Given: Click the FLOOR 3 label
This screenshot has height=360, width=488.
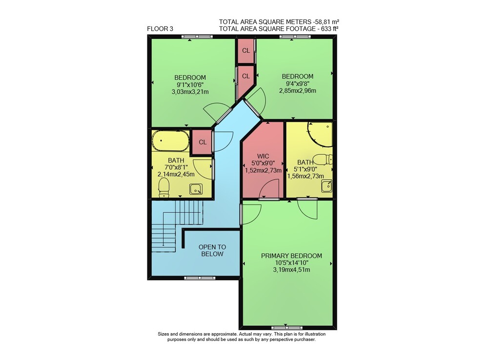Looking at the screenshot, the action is (160, 29).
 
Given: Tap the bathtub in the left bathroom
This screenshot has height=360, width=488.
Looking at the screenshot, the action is (170, 141).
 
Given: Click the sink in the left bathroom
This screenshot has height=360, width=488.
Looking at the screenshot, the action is (196, 189).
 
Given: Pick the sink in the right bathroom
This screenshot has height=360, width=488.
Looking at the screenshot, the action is (327, 186).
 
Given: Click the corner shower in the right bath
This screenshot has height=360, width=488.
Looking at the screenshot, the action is (320, 134).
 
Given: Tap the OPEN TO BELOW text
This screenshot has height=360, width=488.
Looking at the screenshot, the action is (212, 251).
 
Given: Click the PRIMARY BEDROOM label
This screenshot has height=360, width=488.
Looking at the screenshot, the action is (291, 255).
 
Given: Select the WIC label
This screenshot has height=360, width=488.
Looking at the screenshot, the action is (263, 156).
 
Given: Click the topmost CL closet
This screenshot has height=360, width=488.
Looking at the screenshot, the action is (246, 50).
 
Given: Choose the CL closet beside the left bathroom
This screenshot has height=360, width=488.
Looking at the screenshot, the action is (203, 142).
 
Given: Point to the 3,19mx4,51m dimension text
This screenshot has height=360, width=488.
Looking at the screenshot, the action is (291, 270).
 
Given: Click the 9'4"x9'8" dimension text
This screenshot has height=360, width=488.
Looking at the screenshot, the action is (298, 84).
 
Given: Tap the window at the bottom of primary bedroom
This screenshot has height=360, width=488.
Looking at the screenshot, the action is (286, 328).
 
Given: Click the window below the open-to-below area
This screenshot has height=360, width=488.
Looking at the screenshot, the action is (200, 278).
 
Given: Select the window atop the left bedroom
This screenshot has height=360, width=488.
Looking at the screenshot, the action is (197, 37).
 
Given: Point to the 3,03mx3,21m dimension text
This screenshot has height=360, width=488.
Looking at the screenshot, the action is (190, 92).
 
